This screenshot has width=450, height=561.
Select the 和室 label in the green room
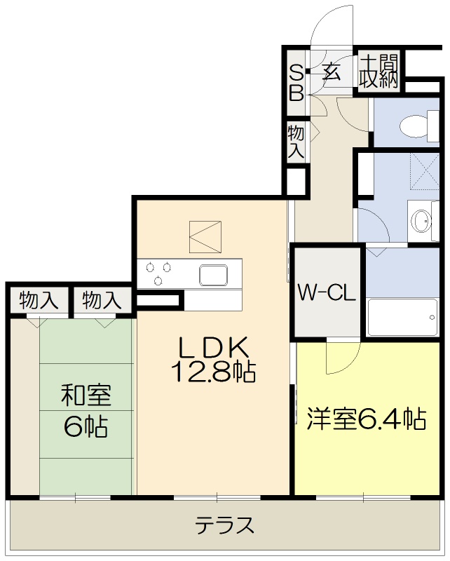pyautogui.click(x=86, y=396)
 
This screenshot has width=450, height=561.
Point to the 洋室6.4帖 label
pyautogui.click(x=367, y=419)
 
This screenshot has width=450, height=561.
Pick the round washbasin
pyautogui.click(x=422, y=222)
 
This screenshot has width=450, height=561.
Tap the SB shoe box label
pyautogui.click(x=296, y=82)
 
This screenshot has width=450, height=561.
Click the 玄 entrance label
pyautogui.click(x=332, y=71)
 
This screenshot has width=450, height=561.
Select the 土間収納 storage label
pyautogui.click(x=379, y=71)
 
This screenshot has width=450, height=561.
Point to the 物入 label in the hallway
pyautogui.click(x=296, y=141)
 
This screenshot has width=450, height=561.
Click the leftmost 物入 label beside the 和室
pyautogui.click(x=38, y=301)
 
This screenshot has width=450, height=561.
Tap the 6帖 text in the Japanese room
pyautogui.click(x=86, y=426)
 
